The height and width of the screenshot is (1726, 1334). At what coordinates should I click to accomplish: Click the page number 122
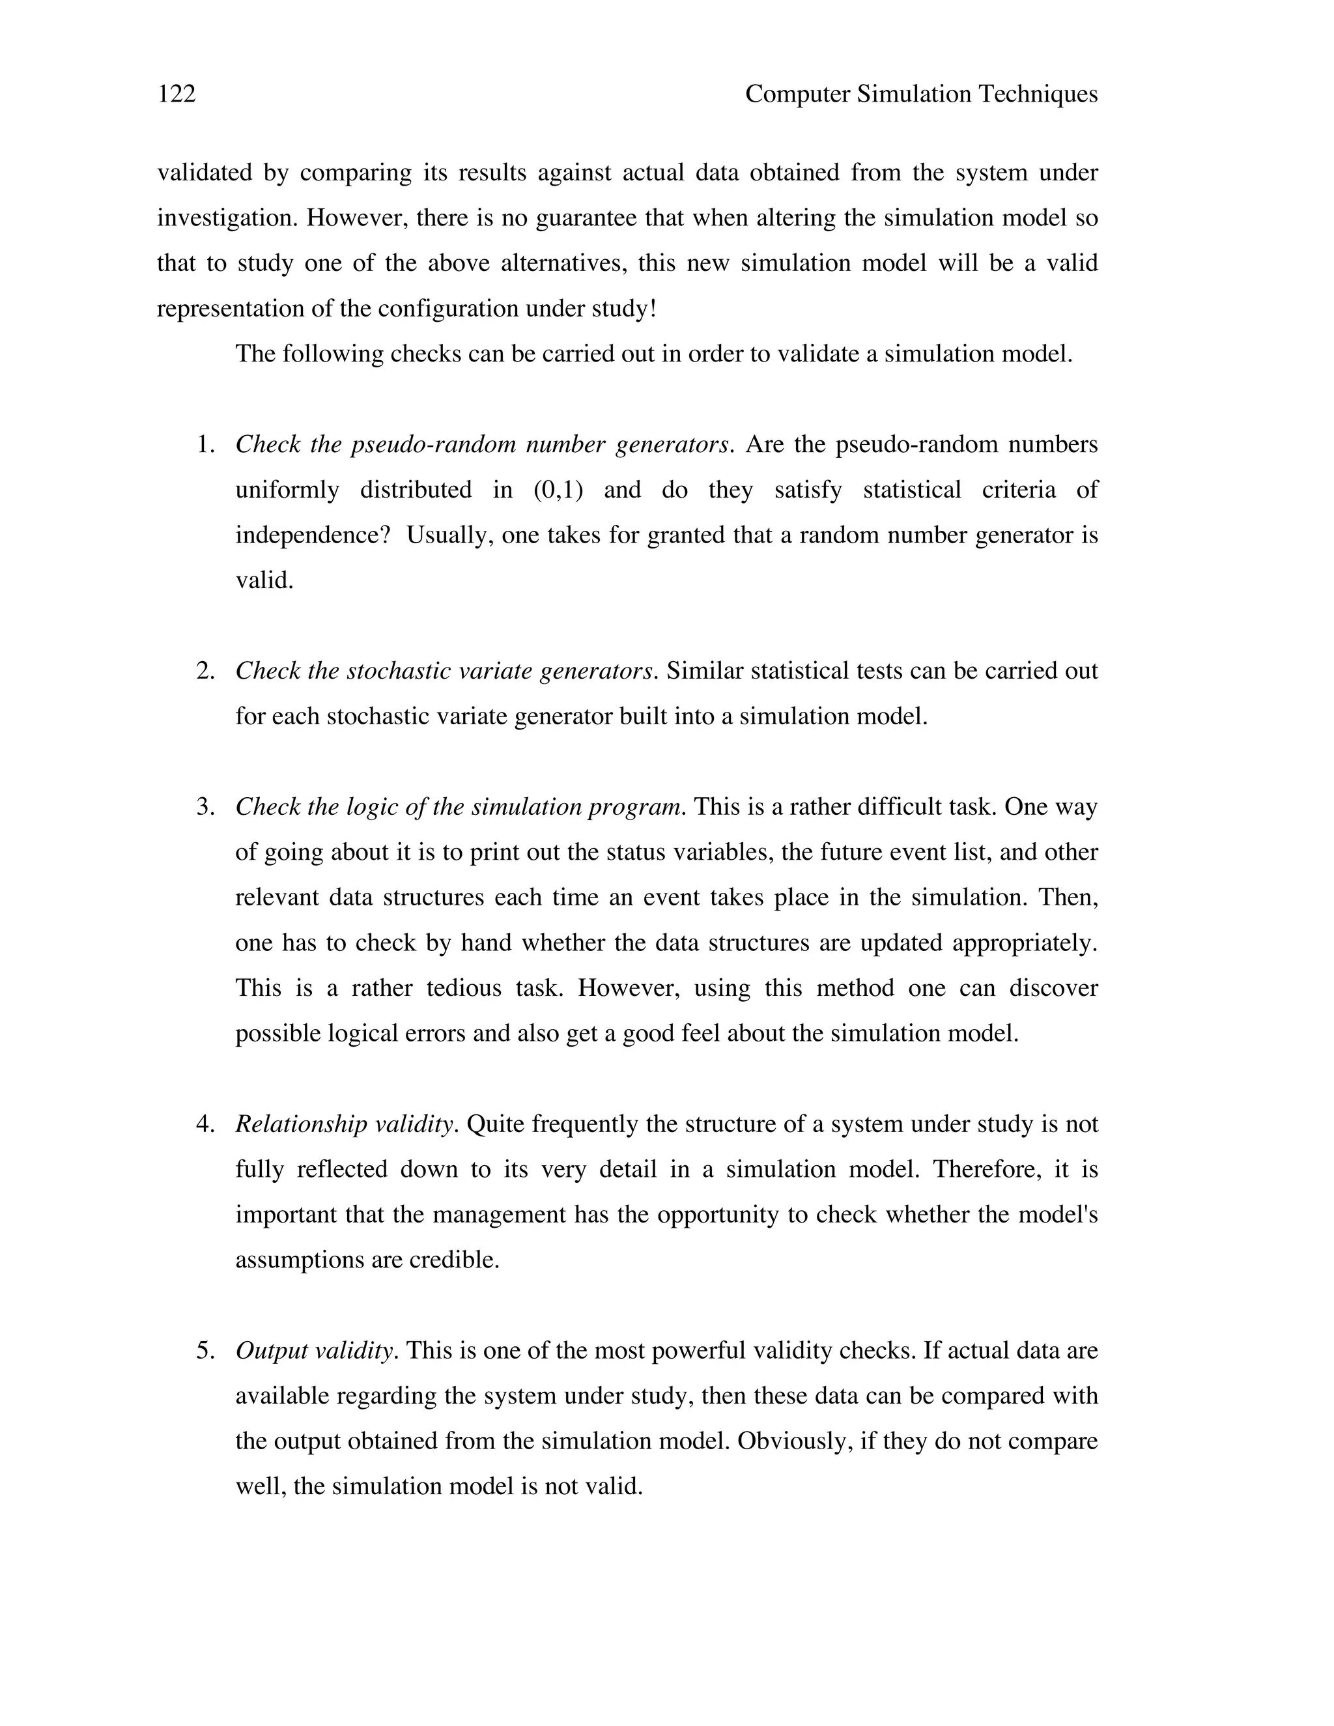tap(177, 94)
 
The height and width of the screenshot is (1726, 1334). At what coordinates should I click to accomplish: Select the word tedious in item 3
tap(464, 988)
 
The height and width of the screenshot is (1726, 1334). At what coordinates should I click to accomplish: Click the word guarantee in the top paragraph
tap(586, 218)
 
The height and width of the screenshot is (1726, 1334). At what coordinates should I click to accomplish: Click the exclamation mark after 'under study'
tap(652, 308)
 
